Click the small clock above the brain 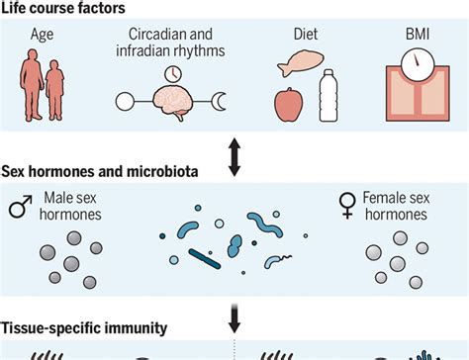pos(174,73)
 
